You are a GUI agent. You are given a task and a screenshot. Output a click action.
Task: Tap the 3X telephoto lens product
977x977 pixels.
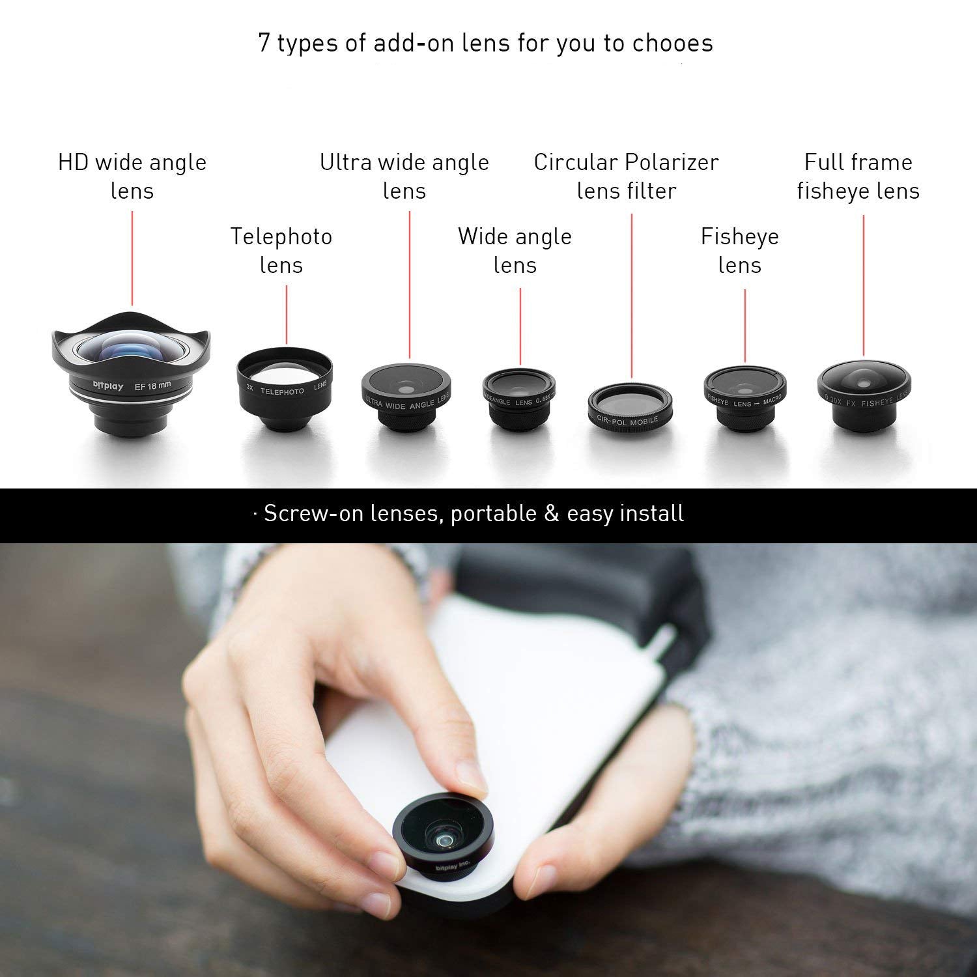pos(284,388)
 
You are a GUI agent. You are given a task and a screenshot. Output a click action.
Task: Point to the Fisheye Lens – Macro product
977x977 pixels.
pos(744,398)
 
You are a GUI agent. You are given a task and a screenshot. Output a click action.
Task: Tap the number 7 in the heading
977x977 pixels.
pos(264,44)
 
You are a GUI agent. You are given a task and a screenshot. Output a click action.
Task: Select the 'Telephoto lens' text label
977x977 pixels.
pos(281,251)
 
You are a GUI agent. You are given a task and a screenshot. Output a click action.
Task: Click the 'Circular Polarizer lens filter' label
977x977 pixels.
pos(626,177)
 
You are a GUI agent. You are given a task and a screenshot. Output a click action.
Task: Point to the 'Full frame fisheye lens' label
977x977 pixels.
pos(858,177)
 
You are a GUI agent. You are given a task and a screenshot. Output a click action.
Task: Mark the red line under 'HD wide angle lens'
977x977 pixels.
pos(132,258)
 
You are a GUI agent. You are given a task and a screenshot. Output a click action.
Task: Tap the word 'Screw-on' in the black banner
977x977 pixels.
pos(313,514)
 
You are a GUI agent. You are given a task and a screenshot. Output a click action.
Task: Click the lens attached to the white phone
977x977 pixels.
pos(443,836)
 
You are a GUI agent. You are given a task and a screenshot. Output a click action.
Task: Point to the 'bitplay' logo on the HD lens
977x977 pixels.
pos(107,387)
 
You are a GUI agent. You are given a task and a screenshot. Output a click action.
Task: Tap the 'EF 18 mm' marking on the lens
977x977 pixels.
pos(152,385)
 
